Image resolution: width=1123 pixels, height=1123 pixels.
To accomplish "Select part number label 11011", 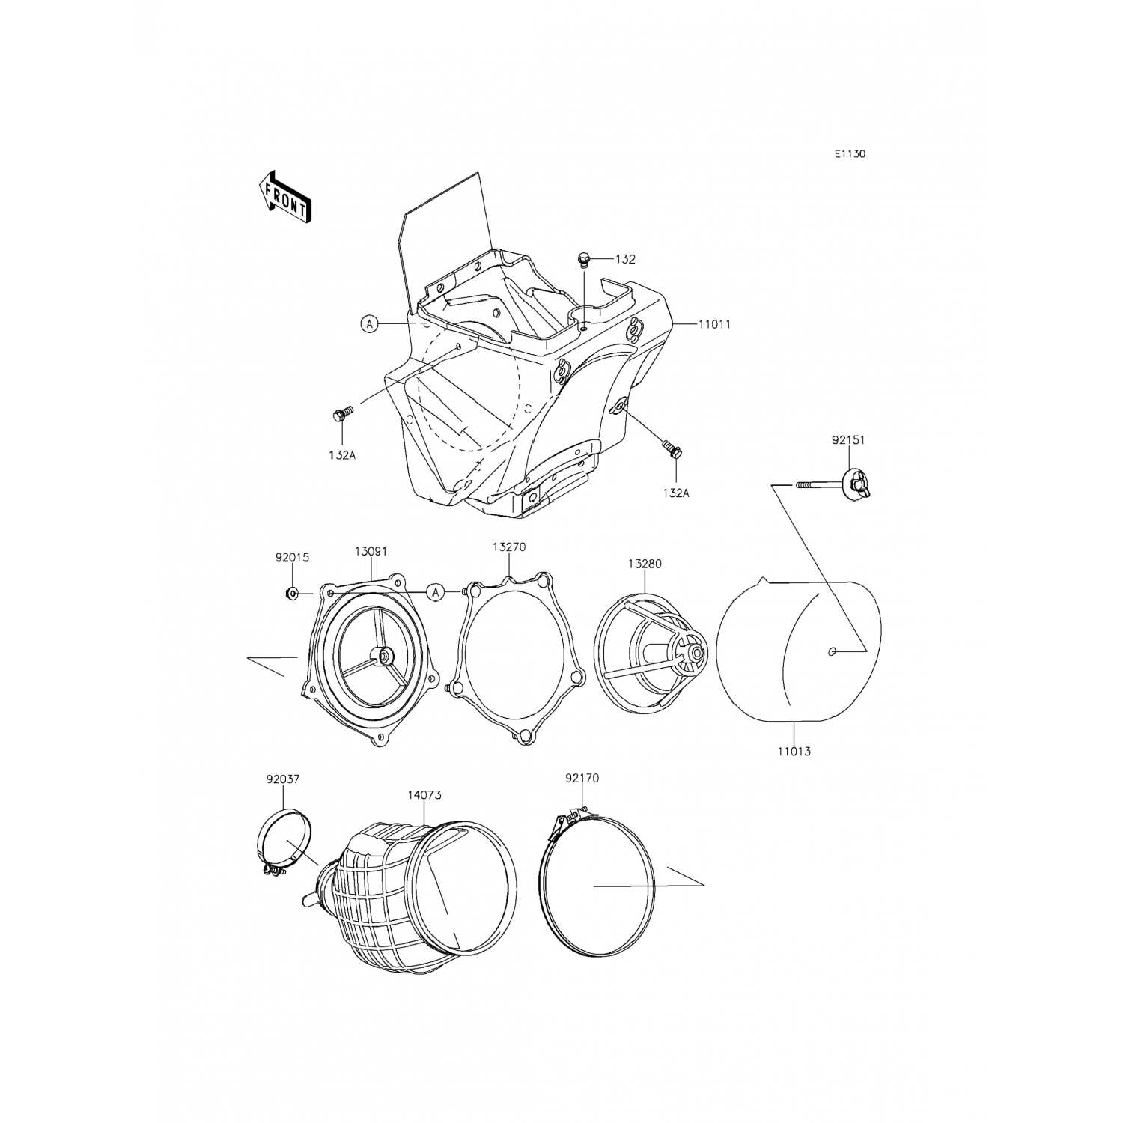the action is (714, 325).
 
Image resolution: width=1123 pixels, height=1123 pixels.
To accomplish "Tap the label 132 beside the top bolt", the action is (625, 259).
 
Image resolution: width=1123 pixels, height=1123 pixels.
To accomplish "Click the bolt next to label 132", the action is (584, 260).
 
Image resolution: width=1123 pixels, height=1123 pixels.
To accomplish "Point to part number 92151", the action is (847, 440).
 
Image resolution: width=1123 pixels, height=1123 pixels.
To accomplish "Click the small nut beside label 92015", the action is (293, 594).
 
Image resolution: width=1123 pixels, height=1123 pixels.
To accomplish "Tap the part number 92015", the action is (292, 558).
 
